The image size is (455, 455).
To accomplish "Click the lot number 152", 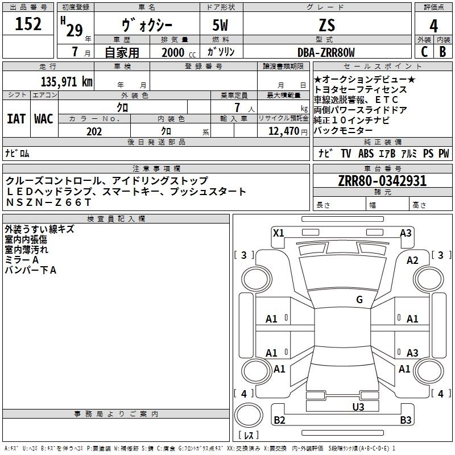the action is pyautogui.click(x=28, y=24).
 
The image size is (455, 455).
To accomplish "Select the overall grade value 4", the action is pyautogui.click(x=433, y=26).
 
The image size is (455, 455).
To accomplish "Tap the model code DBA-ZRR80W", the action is pyautogui.click(x=326, y=52).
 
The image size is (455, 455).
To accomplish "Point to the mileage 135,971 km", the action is pyautogui.click(x=67, y=82).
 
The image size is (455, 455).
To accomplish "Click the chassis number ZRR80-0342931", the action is pyautogui.click(x=382, y=181).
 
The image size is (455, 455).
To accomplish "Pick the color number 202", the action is pyautogui.click(x=94, y=131).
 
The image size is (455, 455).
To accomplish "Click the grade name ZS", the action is pyautogui.click(x=326, y=25).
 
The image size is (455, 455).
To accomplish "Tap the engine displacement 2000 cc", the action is pyautogui.click(x=179, y=53).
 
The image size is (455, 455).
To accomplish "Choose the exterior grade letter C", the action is pyautogui.click(x=424, y=52).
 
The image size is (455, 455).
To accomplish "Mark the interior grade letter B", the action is pyautogui.click(x=442, y=52).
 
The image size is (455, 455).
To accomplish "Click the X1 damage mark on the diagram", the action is pyautogui.click(x=279, y=233).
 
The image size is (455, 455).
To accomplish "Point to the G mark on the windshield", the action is pyautogui.click(x=359, y=300).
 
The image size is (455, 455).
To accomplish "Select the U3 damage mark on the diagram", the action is pyautogui.click(x=358, y=407).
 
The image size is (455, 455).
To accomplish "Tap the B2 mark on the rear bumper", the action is pyautogui.click(x=279, y=420).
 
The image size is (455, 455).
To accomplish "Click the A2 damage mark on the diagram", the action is pyautogui.click(x=412, y=260).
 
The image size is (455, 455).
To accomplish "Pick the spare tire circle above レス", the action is pyautogui.click(x=249, y=415).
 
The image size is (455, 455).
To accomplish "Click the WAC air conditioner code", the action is pyautogui.click(x=44, y=119).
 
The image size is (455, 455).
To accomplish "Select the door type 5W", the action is pyautogui.click(x=220, y=25).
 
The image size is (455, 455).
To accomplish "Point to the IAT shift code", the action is pyautogui.click(x=16, y=119).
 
